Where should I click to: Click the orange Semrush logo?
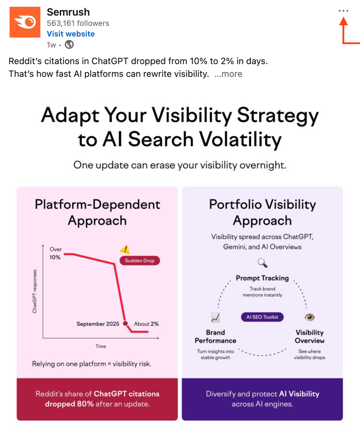[25, 22]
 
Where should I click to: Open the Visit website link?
[71, 34]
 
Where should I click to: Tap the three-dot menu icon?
[343, 11]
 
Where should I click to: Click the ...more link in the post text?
[229, 74]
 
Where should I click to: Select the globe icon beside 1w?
[69, 45]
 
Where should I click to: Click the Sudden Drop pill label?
[140, 260]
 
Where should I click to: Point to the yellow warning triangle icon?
[125, 249]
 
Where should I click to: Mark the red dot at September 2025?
[125, 323]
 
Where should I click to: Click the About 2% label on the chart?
[146, 324]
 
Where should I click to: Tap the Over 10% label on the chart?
[56, 253]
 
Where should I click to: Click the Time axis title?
[101, 346]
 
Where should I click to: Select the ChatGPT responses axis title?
[34, 291]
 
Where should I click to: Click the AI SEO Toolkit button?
[262, 317]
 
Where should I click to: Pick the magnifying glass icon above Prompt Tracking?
[263, 263]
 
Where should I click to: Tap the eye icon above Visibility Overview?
[309, 317]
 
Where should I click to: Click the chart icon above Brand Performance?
[215, 317]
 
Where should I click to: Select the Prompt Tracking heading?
[262, 278]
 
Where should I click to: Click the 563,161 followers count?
[78, 23]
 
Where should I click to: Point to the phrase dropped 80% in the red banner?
[69, 404]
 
